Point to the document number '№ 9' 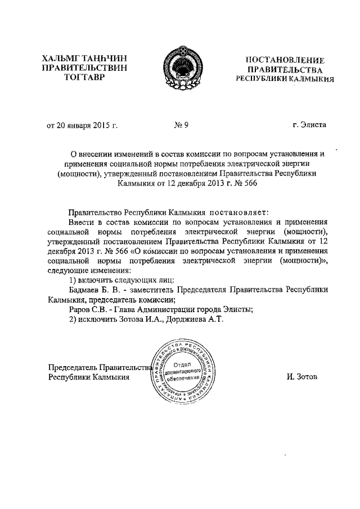[x=181, y=125]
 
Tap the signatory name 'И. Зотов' [x=301, y=377]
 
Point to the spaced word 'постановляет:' [x=240, y=212]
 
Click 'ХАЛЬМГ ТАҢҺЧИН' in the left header [x=85, y=58]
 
